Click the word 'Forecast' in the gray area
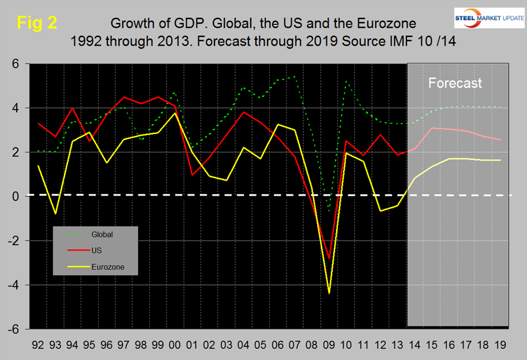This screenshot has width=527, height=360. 455,83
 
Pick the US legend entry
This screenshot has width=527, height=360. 97,251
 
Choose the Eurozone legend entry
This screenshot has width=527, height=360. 108,267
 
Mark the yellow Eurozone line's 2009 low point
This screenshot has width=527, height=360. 329,293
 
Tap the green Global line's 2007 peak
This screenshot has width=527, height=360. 295,77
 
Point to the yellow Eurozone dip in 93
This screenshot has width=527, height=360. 55,214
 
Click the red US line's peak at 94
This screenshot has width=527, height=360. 72,108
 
